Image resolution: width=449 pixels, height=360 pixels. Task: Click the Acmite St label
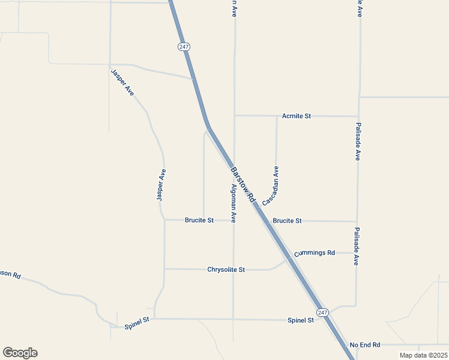(x=297, y=116)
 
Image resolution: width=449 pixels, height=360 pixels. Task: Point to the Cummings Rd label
(x=315, y=253)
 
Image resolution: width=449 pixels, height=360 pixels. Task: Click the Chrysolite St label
(x=226, y=270)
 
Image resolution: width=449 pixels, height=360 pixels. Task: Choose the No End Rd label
(x=365, y=345)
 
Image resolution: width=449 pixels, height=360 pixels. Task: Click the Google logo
(x=20, y=353)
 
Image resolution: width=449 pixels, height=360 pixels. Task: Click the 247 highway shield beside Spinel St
(x=322, y=313)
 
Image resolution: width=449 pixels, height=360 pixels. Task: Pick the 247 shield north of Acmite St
(x=184, y=46)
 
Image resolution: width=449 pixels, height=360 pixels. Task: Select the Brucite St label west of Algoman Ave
(x=199, y=221)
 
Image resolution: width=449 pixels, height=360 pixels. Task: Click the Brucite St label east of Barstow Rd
(x=287, y=221)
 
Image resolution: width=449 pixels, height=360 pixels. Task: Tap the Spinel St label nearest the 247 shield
(x=301, y=320)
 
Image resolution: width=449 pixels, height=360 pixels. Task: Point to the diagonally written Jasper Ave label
(x=122, y=83)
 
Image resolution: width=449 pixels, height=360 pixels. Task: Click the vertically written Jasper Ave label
(x=160, y=185)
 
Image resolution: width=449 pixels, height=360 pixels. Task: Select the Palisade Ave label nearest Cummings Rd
(x=357, y=246)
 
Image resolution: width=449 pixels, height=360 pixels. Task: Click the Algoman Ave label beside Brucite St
(x=234, y=204)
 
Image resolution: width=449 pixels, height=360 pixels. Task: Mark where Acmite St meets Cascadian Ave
(x=277, y=116)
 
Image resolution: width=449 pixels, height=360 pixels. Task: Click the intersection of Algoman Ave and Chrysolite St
(x=234, y=269)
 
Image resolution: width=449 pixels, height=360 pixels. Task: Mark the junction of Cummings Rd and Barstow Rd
(x=290, y=258)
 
